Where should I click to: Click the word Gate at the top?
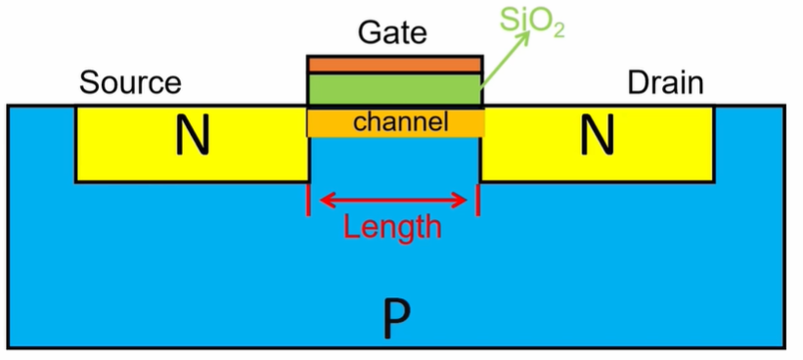click(392, 32)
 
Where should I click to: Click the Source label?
click(130, 83)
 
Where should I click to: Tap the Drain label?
click(665, 83)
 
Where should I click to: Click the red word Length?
click(392, 228)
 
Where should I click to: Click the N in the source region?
click(192, 139)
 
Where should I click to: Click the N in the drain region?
click(597, 139)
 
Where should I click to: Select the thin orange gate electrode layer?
click(394, 65)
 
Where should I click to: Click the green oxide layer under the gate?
click(394, 89)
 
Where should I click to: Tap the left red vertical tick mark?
click(309, 200)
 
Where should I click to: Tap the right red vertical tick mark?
click(478, 200)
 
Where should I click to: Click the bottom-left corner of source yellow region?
click(77, 181)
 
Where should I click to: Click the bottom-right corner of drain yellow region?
click(713, 181)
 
